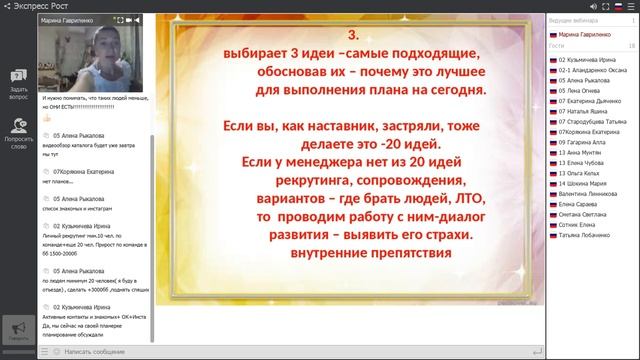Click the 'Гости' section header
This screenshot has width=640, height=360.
558,46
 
